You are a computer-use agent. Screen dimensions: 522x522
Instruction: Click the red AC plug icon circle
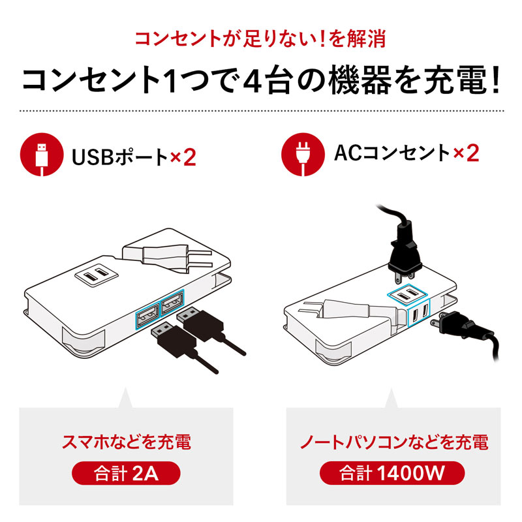coord(302,156)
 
